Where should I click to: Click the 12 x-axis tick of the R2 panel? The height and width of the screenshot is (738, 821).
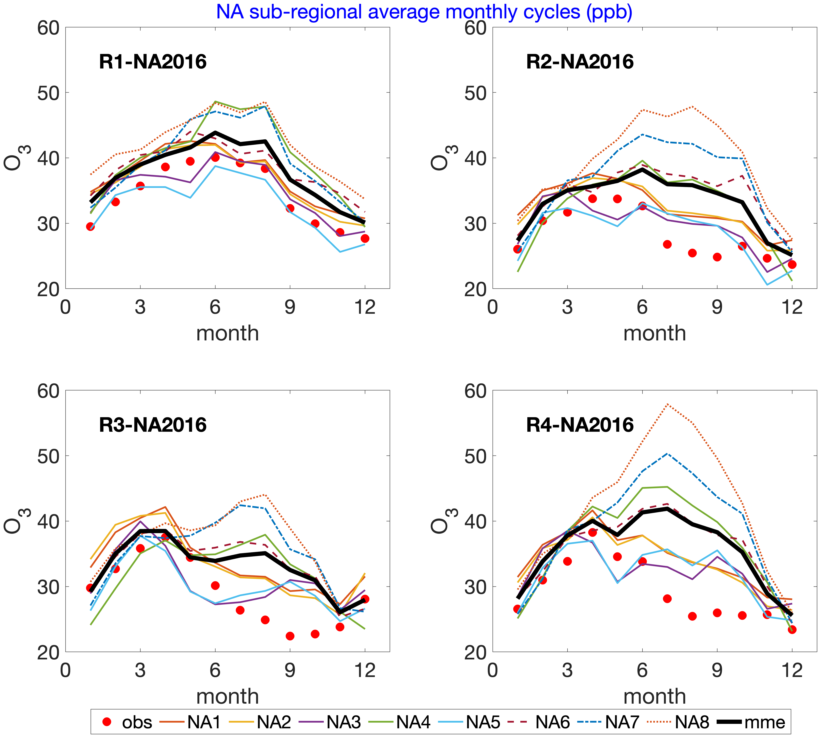[x=791, y=307]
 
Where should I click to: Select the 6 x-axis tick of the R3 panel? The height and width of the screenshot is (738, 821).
[x=215, y=670]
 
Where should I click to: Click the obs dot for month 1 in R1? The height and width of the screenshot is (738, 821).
[x=91, y=226]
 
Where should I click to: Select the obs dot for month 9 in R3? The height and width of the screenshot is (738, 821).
[x=290, y=636]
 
